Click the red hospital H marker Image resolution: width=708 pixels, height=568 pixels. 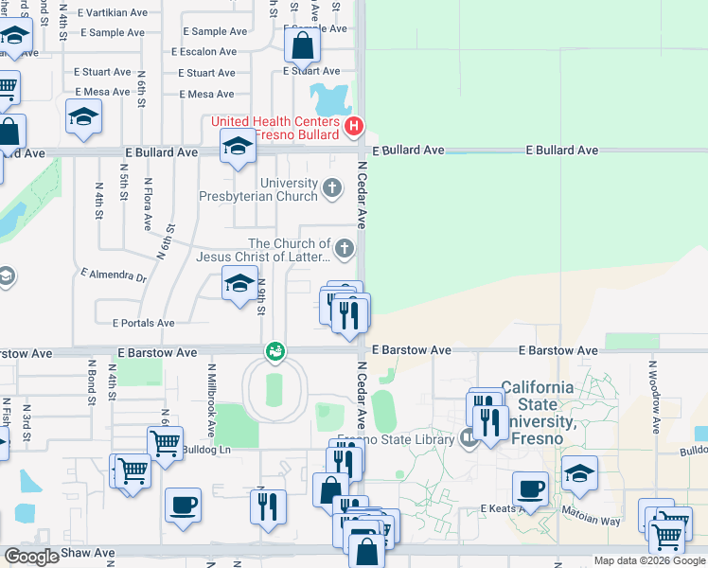point(353,126)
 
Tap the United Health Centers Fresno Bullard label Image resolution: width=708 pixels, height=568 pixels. point(275,128)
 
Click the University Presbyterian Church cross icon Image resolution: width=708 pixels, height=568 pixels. point(332,187)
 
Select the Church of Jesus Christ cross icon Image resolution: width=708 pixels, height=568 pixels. point(345,250)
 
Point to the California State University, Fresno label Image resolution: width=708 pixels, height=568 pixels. point(537,413)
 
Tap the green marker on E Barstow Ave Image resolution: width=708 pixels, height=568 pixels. point(275,351)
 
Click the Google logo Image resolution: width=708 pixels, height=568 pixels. point(30,557)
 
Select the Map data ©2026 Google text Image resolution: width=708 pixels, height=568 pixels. point(649,560)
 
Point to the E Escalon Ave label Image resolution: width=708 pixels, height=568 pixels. point(204,52)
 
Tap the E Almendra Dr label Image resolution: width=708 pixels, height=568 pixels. point(115,276)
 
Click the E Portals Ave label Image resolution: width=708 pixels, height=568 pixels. point(143,323)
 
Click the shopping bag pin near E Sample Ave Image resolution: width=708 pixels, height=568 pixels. point(301,45)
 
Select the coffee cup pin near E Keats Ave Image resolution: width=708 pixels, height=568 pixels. point(531,488)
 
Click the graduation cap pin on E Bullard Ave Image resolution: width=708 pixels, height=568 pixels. point(238,148)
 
